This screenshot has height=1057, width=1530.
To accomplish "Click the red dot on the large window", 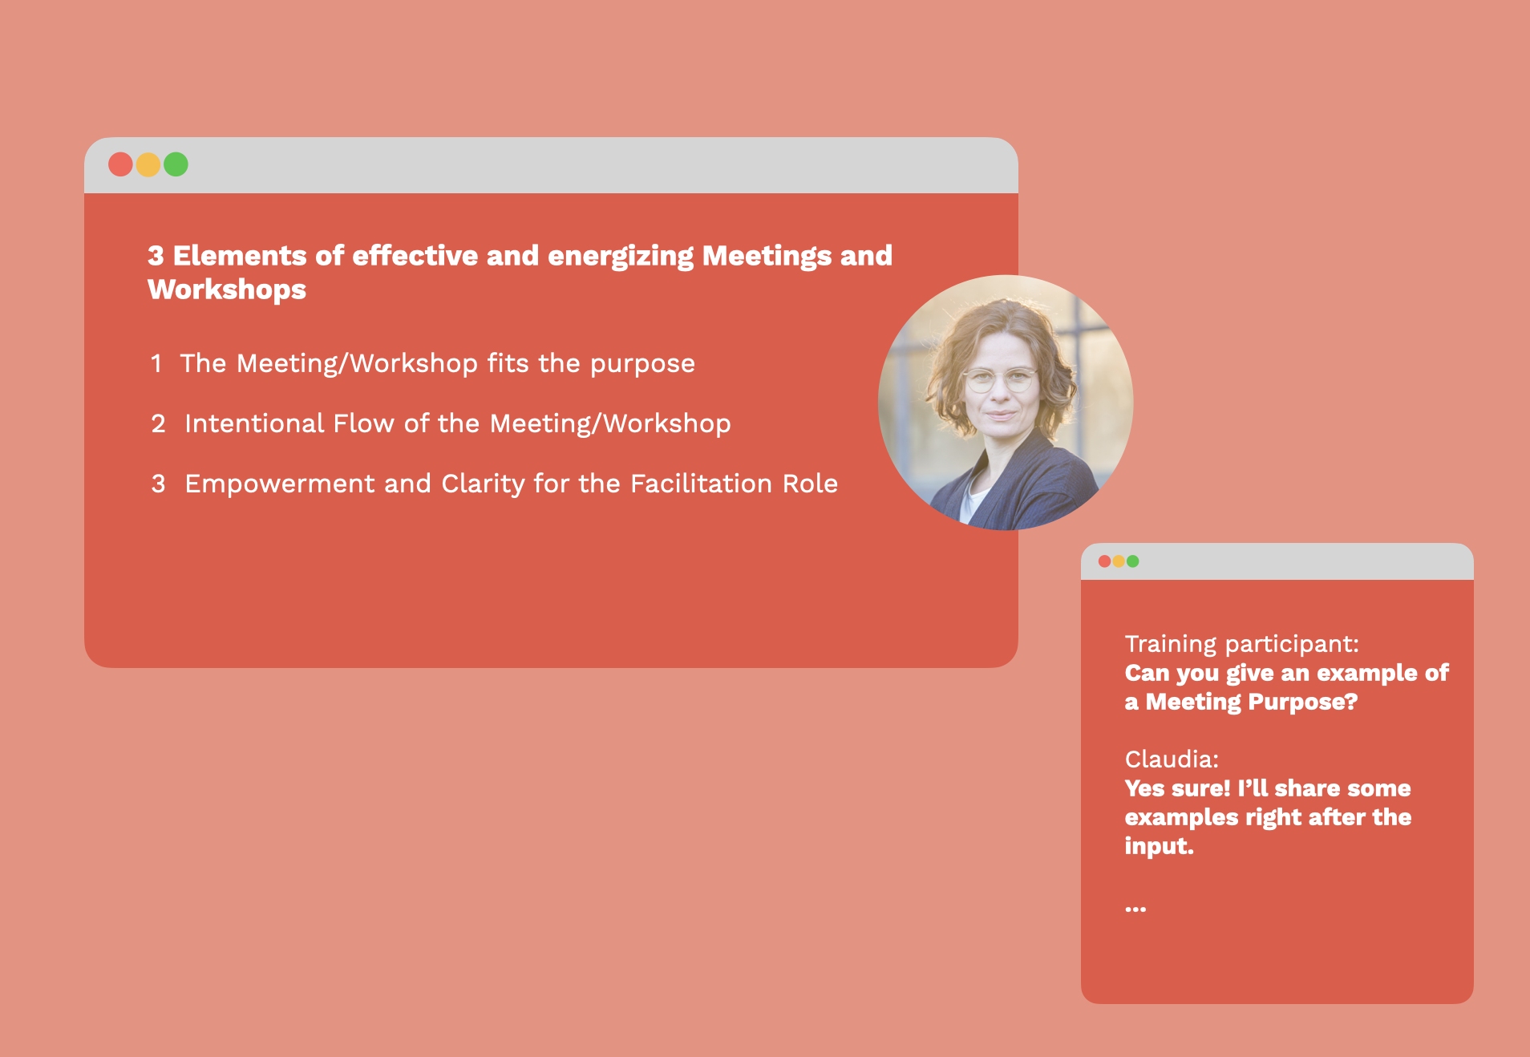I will point(120,164).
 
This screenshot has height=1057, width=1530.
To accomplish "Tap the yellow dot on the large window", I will point(148,164).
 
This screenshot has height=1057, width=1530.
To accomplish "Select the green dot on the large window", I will point(176,164).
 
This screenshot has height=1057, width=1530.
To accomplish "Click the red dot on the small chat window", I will point(1104,561).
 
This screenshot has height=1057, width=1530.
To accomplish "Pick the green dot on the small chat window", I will point(1133,561).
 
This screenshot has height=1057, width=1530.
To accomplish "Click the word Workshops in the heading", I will point(227,290).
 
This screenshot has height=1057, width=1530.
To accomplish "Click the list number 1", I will point(156,364).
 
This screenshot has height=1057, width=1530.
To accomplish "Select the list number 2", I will point(158,424).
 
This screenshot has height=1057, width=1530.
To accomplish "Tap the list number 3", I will point(158,484).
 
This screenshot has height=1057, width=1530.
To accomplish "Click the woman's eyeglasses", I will point(998,379).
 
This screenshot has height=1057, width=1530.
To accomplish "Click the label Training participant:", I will point(1241,644).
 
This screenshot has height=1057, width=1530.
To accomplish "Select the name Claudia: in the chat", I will point(1172,759).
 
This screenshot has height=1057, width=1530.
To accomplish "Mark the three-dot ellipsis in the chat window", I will point(1135,909).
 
